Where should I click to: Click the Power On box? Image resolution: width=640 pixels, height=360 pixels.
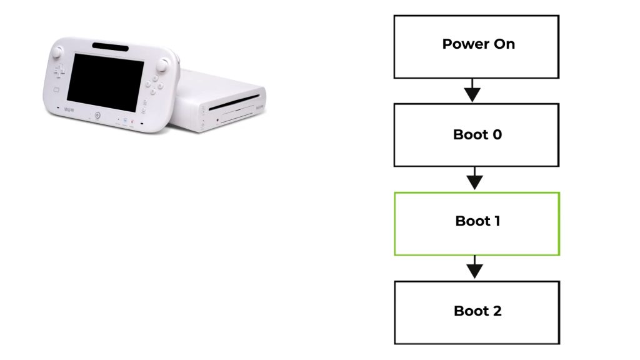(x=476, y=47)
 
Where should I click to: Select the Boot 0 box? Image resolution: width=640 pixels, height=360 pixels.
(x=476, y=135)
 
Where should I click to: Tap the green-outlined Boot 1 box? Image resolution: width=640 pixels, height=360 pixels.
(x=476, y=224)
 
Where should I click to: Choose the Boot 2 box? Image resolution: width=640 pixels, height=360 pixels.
(x=476, y=312)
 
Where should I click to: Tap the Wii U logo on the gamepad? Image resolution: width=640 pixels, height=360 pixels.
(x=69, y=111)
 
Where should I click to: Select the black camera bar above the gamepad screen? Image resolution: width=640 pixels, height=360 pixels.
(x=111, y=46)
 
